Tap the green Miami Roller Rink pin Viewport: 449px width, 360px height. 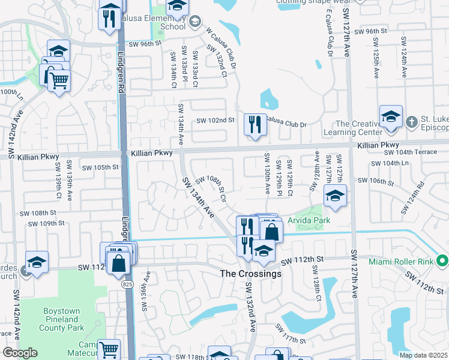pyautogui.click(x=443, y=261)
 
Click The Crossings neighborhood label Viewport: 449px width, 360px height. pyautogui.click(x=250, y=274)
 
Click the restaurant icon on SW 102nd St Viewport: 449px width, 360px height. pyautogui.click(x=255, y=124)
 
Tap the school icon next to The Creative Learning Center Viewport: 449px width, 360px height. pyautogui.click(x=390, y=116)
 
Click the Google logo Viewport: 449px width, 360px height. pyautogui.click(x=19, y=352)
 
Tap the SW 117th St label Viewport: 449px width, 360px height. pyautogui.click(x=292, y=334)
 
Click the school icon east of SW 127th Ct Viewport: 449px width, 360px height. pyautogui.click(x=335, y=195)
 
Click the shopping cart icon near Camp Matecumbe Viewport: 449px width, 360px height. pyautogui.click(x=109, y=349)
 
